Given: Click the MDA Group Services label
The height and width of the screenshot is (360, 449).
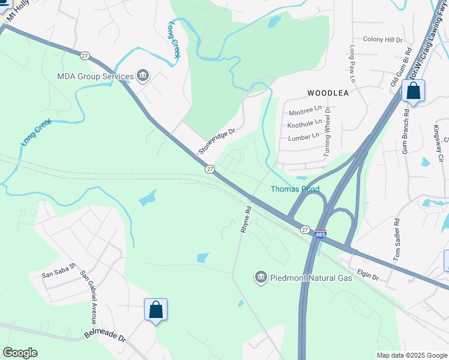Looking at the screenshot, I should pos(95,76).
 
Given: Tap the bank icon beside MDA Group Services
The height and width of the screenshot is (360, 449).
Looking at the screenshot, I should pos(143,76).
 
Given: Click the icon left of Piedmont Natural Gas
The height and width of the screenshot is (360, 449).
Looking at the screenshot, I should pos(261,277).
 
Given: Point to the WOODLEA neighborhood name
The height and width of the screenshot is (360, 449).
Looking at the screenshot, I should pos(328,93).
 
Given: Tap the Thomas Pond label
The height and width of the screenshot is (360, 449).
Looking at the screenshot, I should pos(295,189).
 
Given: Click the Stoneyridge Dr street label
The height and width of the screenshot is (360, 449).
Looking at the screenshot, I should pos(217,140).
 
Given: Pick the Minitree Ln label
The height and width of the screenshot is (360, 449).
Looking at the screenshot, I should pos(306,111).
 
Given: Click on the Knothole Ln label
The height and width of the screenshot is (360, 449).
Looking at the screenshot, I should pos(304,124).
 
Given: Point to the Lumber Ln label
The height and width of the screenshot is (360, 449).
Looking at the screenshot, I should pos(304,137).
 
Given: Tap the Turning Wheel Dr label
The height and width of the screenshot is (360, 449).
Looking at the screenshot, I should pos(327,131).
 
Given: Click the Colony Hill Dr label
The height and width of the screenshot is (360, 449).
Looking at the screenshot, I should pos(382,40).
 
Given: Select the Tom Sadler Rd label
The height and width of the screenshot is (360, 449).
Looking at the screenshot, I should pos(397,241).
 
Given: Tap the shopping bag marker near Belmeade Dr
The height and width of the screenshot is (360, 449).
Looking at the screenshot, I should pos(155,310).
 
